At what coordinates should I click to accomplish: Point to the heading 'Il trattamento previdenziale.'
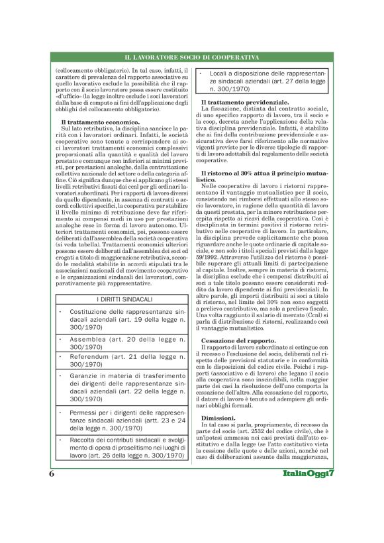[x=245, y=103]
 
